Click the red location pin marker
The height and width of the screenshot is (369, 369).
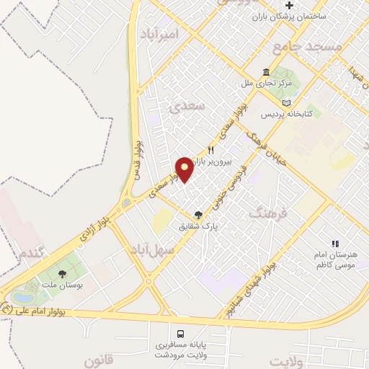point(184,169)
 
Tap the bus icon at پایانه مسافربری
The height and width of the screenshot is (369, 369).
point(180,333)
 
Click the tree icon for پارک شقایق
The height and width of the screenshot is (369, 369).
point(199,215)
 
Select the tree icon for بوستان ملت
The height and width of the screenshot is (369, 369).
point(62,274)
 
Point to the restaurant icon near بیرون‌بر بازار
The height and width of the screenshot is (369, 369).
point(211,150)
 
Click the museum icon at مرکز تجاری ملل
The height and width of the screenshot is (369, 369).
point(267,73)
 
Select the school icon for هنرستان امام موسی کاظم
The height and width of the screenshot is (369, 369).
point(334,244)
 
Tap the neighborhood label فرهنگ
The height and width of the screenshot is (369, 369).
point(267,213)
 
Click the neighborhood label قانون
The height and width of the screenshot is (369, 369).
point(99,360)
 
